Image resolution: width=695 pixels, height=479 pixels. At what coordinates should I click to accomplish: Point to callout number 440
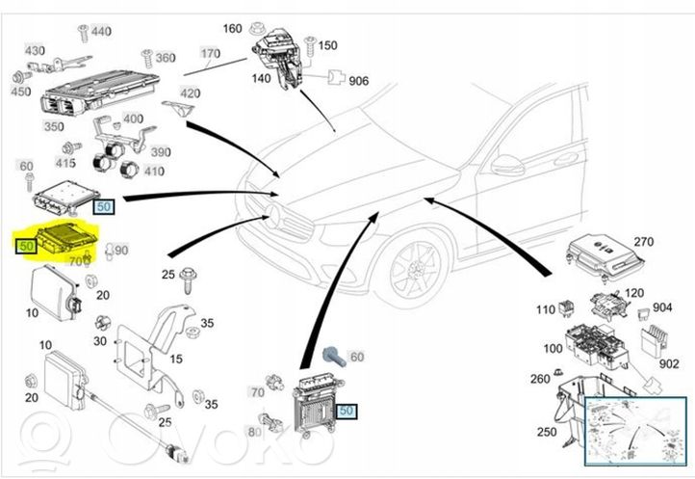pos(100,32)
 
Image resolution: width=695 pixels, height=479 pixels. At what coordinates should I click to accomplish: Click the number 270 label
pos(643,241)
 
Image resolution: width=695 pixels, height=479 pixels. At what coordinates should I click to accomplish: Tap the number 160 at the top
pos(233,28)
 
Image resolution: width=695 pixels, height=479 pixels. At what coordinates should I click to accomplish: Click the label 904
pos(663,308)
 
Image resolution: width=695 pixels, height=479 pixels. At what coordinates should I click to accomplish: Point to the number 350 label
pos(54,126)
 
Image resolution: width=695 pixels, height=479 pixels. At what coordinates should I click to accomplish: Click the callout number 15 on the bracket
pos(175,359)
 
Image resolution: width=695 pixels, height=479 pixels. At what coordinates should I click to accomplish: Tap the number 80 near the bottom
pos(253,433)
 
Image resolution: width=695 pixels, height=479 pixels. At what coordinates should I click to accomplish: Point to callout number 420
pos(190,93)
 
